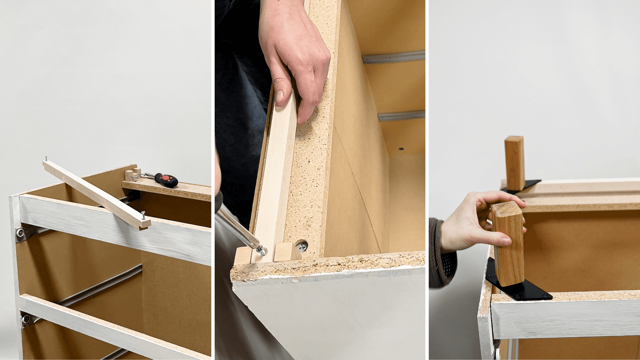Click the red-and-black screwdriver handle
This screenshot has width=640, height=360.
click(x=167, y=180)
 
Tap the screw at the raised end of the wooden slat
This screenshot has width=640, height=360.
click(x=46, y=159)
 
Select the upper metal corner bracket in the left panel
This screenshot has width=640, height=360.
click(x=22, y=233)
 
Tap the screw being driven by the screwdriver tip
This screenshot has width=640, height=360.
click(x=261, y=249)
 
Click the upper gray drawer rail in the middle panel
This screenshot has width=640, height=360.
click(x=393, y=57)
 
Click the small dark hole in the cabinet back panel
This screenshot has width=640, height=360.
click(x=401, y=148)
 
